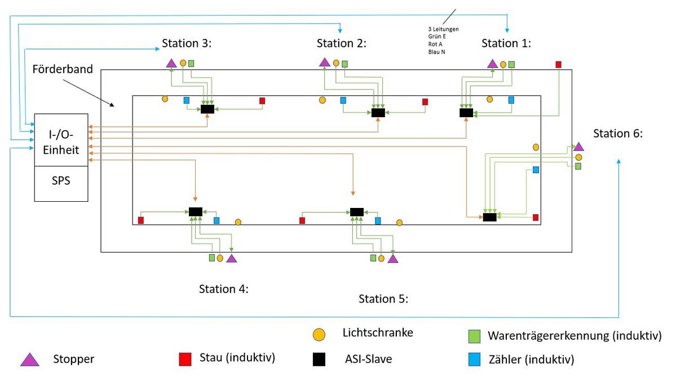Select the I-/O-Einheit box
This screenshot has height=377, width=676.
click(x=61, y=140)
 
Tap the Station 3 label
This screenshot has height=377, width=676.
click(x=186, y=43)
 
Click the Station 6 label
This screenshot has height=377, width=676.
click(x=617, y=134)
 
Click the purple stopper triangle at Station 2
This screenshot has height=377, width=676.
click(x=324, y=62)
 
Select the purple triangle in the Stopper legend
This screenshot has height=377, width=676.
click(x=29, y=359)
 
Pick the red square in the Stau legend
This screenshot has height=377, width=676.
click(x=184, y=359)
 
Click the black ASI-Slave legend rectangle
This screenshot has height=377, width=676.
click(x=320, y=359)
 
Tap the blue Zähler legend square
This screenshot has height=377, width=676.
click(x=475, y=359)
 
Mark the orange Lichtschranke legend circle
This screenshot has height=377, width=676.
click(x=320, y=335)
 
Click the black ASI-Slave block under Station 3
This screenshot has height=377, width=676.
click(x=207, y=109)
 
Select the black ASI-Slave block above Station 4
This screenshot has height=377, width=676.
click(x=195, y=211)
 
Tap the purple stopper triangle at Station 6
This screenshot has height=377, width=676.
click(x=578, y=147)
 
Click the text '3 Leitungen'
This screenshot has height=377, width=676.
click(x=443, y=29)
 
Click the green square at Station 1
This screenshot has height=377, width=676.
click(x=511, y=64)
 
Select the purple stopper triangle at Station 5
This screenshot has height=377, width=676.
click(x=393, y=259)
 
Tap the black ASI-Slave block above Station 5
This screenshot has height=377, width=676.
click(x=357, y=211)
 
